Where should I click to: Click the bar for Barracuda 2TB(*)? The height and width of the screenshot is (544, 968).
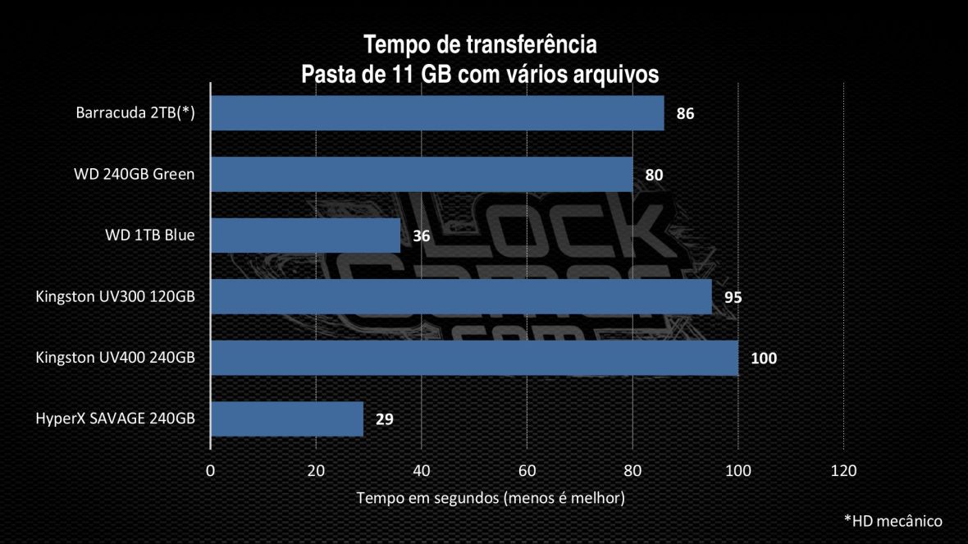tap(437, 113)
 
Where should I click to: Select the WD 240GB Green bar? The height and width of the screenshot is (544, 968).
tap(422, 174)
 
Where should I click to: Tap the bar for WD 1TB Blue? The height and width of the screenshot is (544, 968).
tap(305, 235)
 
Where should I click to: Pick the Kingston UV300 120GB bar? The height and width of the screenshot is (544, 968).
tap(461, 297)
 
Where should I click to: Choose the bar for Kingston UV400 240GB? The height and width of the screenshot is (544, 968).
tap(474, 358)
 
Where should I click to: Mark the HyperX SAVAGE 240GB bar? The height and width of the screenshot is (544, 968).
tap(287, 419)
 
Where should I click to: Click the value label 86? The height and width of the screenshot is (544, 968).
tap(686, 114)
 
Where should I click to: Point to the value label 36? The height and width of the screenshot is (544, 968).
tap(422, 236)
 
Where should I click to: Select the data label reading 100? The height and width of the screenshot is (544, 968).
tap(764, 359)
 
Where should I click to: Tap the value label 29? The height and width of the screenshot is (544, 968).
tap(385, 420)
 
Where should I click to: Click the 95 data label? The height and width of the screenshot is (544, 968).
tap(733, 297)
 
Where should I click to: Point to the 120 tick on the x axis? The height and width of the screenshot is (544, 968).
tap(843, 471)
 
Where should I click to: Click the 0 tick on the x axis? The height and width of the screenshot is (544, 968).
tap(211, 471)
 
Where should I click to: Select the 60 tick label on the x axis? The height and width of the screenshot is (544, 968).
tap(527, 471)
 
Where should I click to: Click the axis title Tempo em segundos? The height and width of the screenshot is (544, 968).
tap(491, 498)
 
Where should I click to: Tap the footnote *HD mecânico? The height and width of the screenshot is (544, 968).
tap(893, 521)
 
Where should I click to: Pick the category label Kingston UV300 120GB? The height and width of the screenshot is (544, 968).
tap(116, 297)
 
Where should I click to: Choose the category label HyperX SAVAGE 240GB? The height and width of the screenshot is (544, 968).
tap(116, 419)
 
